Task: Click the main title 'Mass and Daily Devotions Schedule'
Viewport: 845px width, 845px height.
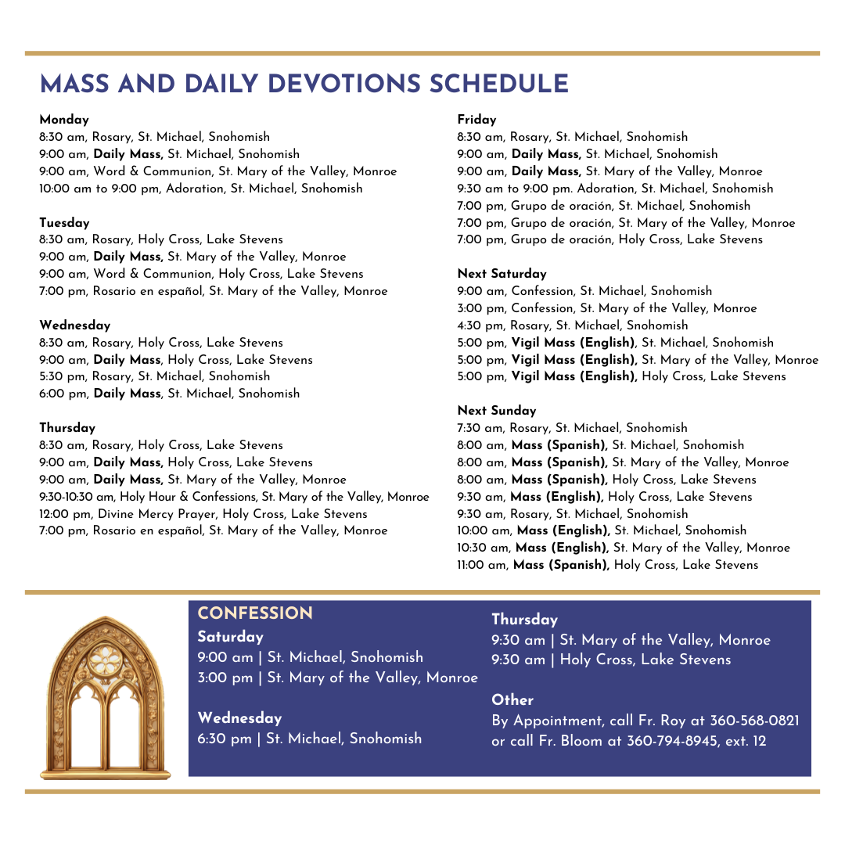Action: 304,84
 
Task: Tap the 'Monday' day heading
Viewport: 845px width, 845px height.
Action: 64,120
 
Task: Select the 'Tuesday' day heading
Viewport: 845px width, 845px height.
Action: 65,223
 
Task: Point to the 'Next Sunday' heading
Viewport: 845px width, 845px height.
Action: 497,411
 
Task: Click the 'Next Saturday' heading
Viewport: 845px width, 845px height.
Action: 502,274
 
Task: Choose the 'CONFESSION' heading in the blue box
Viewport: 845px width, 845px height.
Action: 255,613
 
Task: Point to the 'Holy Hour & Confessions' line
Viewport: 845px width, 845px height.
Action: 234,497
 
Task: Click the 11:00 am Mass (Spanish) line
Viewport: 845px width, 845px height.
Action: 607,565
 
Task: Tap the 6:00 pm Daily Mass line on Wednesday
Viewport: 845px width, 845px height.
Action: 169,394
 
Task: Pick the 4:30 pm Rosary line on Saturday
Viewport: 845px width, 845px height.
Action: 572,325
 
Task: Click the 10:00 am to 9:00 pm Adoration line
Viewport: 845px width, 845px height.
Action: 201,189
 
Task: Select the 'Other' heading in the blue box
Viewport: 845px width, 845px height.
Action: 512,700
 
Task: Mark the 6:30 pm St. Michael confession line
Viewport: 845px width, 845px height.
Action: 309,739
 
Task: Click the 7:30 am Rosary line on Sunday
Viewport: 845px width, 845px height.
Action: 572,428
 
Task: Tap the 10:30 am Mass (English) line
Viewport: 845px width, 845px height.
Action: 623,548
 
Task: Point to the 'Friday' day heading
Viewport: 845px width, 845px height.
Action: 476,120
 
